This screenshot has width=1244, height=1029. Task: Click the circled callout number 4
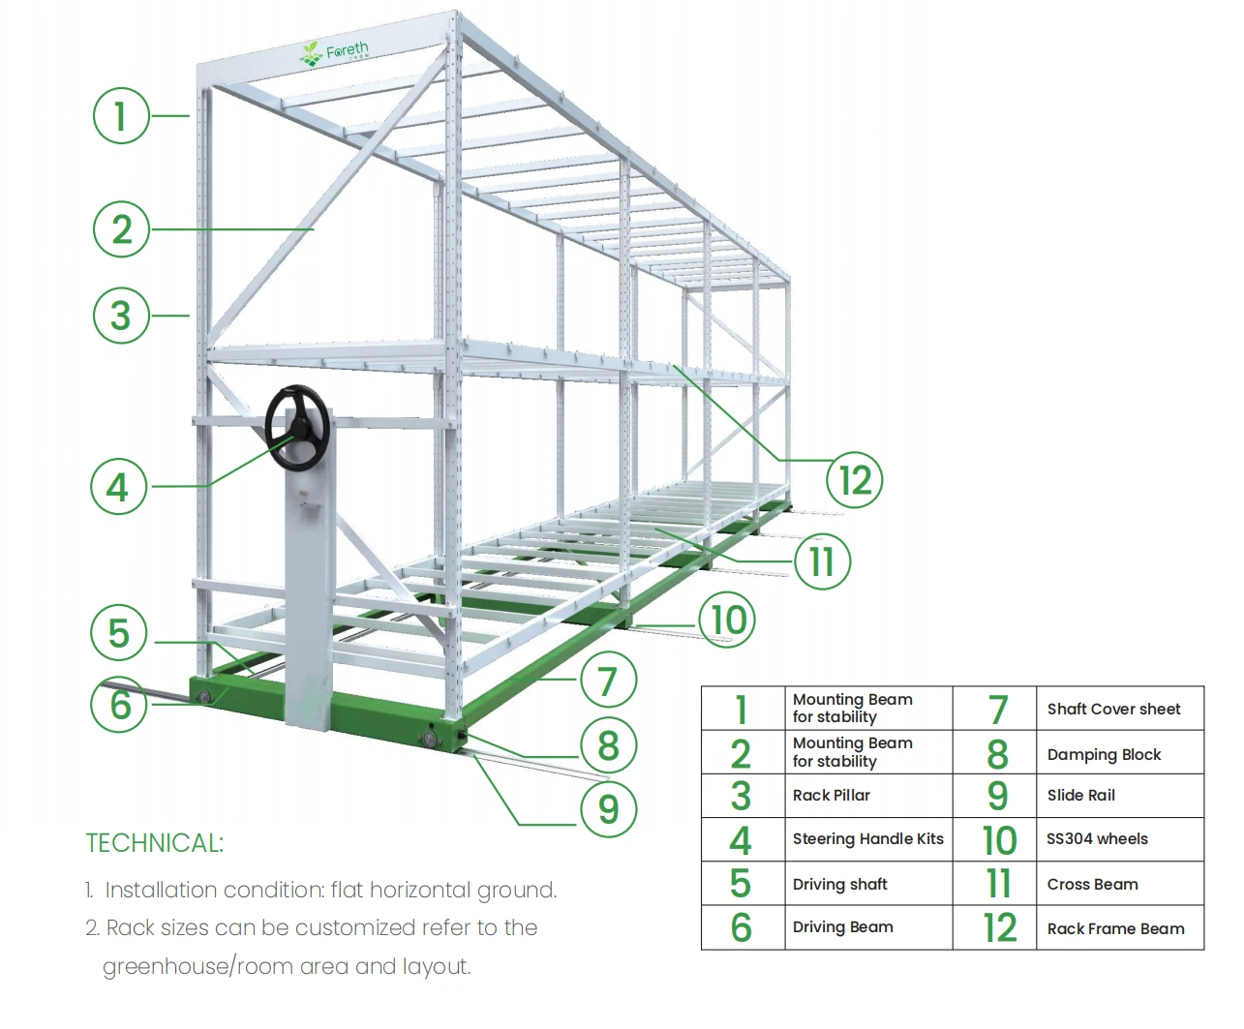(118, 486)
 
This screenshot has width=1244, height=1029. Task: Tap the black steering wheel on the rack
(297, 428)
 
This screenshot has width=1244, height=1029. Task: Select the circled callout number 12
(855, 480)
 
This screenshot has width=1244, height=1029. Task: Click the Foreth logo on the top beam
(335, 52)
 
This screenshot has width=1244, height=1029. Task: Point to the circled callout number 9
(608, 808)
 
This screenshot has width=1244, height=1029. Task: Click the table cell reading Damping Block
(1104, 754)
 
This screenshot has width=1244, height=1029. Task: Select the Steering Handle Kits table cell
(867, 839)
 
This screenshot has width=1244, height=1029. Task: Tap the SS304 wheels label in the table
(1097, 839)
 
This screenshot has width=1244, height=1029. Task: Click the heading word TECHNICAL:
(154, 843)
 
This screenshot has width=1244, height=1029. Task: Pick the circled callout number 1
(121, 116)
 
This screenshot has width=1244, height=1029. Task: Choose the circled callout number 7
(608, 681)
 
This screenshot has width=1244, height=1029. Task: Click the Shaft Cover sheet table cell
(1113, 709)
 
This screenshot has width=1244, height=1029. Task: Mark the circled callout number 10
(728, 620)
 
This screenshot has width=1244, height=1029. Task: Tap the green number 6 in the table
(741, 927)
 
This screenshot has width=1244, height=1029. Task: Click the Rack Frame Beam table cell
(1115, 928)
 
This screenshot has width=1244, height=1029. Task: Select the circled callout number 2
(121, 229)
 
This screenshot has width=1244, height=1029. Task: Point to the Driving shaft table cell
(839, 884)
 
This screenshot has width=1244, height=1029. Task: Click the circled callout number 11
(822, 560)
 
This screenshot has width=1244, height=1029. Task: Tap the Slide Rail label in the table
(1080, 795)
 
